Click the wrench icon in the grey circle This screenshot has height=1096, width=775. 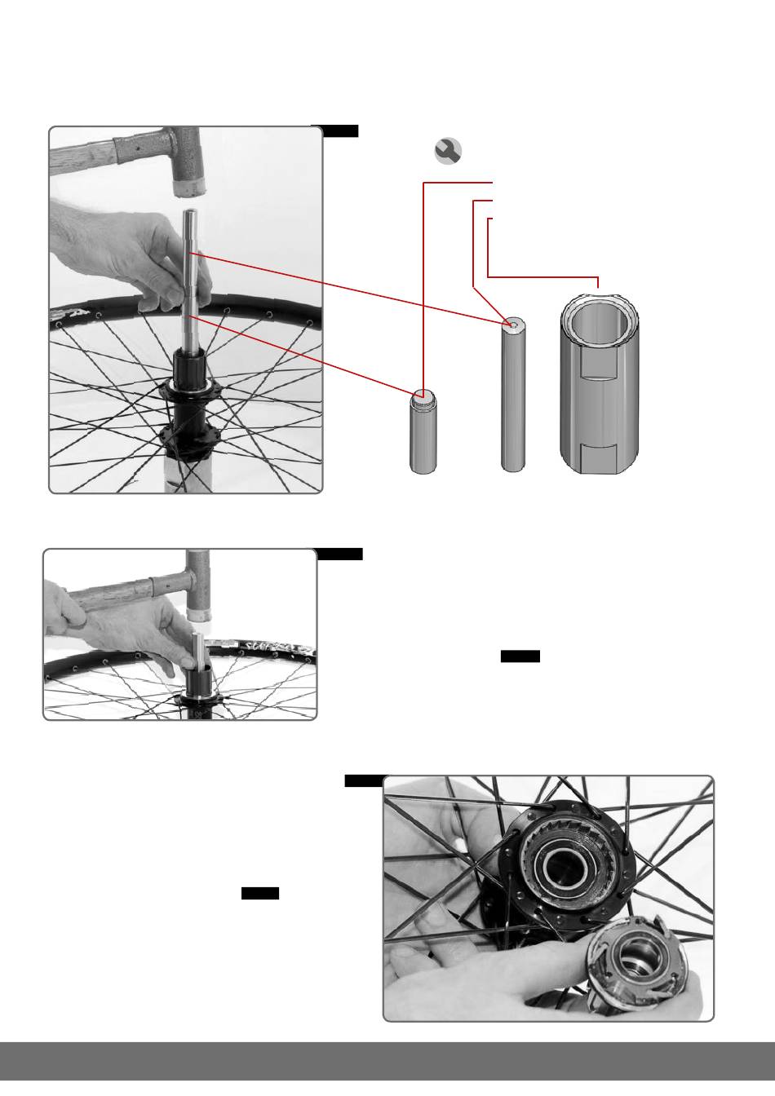[x=448, y=151]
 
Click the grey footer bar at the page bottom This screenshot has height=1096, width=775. [x=387, y=1060]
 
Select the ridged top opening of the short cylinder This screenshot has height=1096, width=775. [x=423, y=396]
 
